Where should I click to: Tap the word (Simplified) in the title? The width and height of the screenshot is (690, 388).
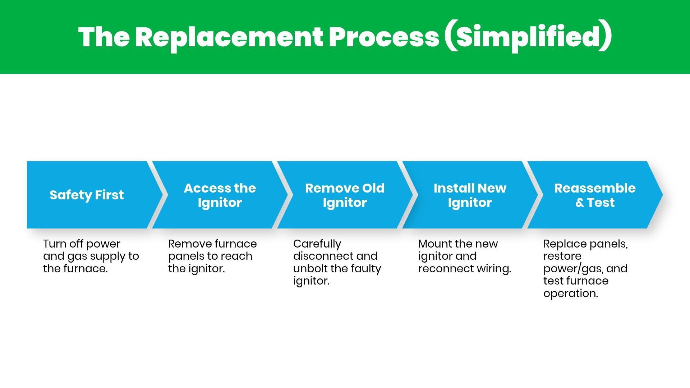(x=528, y=37)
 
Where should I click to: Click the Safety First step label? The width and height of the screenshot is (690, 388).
(x=87, y=195)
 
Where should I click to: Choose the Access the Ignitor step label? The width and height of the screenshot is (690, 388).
(x=220, y=195)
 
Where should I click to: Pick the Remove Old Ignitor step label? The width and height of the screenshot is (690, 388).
(x=345, y=195)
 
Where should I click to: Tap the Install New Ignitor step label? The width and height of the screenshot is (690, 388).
(x=470, y=195)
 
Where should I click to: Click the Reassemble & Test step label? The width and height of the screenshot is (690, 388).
(x=595, y=195)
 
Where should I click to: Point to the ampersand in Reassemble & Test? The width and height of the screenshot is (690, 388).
(x=580, y=203)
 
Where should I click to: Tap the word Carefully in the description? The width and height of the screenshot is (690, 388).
(x=317, y=244)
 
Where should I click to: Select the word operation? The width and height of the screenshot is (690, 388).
(x=570, y=294)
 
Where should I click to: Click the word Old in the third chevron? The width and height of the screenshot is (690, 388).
(x=373, y=188)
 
